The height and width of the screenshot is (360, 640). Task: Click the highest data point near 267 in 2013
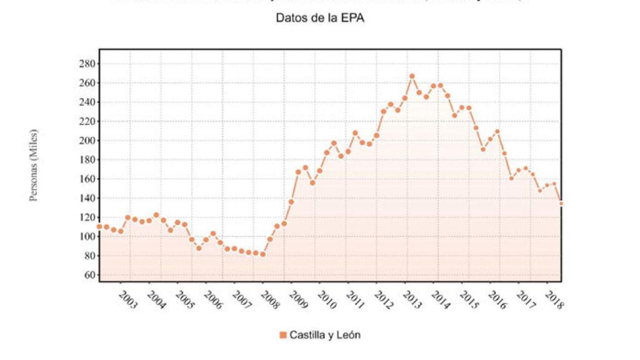coord(412,76)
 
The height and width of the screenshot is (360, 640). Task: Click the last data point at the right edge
coord(561,203)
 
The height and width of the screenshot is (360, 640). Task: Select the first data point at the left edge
coord(99,226)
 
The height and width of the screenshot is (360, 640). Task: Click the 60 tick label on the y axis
coord(89,275)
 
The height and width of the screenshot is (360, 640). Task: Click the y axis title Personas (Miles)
coord(34,165)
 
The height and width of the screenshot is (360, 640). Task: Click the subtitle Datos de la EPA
coord(320,18)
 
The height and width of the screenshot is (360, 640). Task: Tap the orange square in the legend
coord(283,335)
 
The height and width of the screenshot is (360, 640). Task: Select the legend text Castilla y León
coord(324,335)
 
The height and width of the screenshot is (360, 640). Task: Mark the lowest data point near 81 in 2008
coord(262,254)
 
